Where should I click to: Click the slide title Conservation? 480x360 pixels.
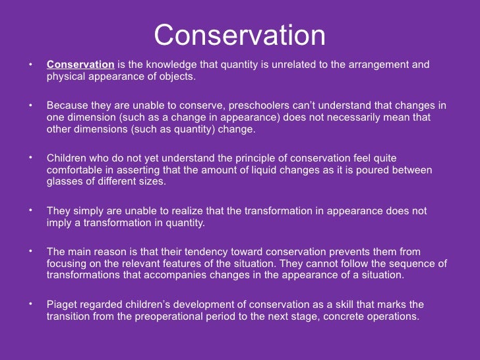(x=239, y=36)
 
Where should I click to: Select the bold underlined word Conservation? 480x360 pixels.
(x=80, y=65)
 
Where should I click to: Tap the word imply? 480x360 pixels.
(x=59, y=223)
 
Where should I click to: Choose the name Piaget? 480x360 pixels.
(x=62, y=305)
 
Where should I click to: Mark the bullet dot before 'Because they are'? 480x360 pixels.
(x=30, y=105)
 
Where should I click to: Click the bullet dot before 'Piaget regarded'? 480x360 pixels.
(x=30, y=304)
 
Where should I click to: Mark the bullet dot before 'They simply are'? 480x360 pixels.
(x=30, y=210)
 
